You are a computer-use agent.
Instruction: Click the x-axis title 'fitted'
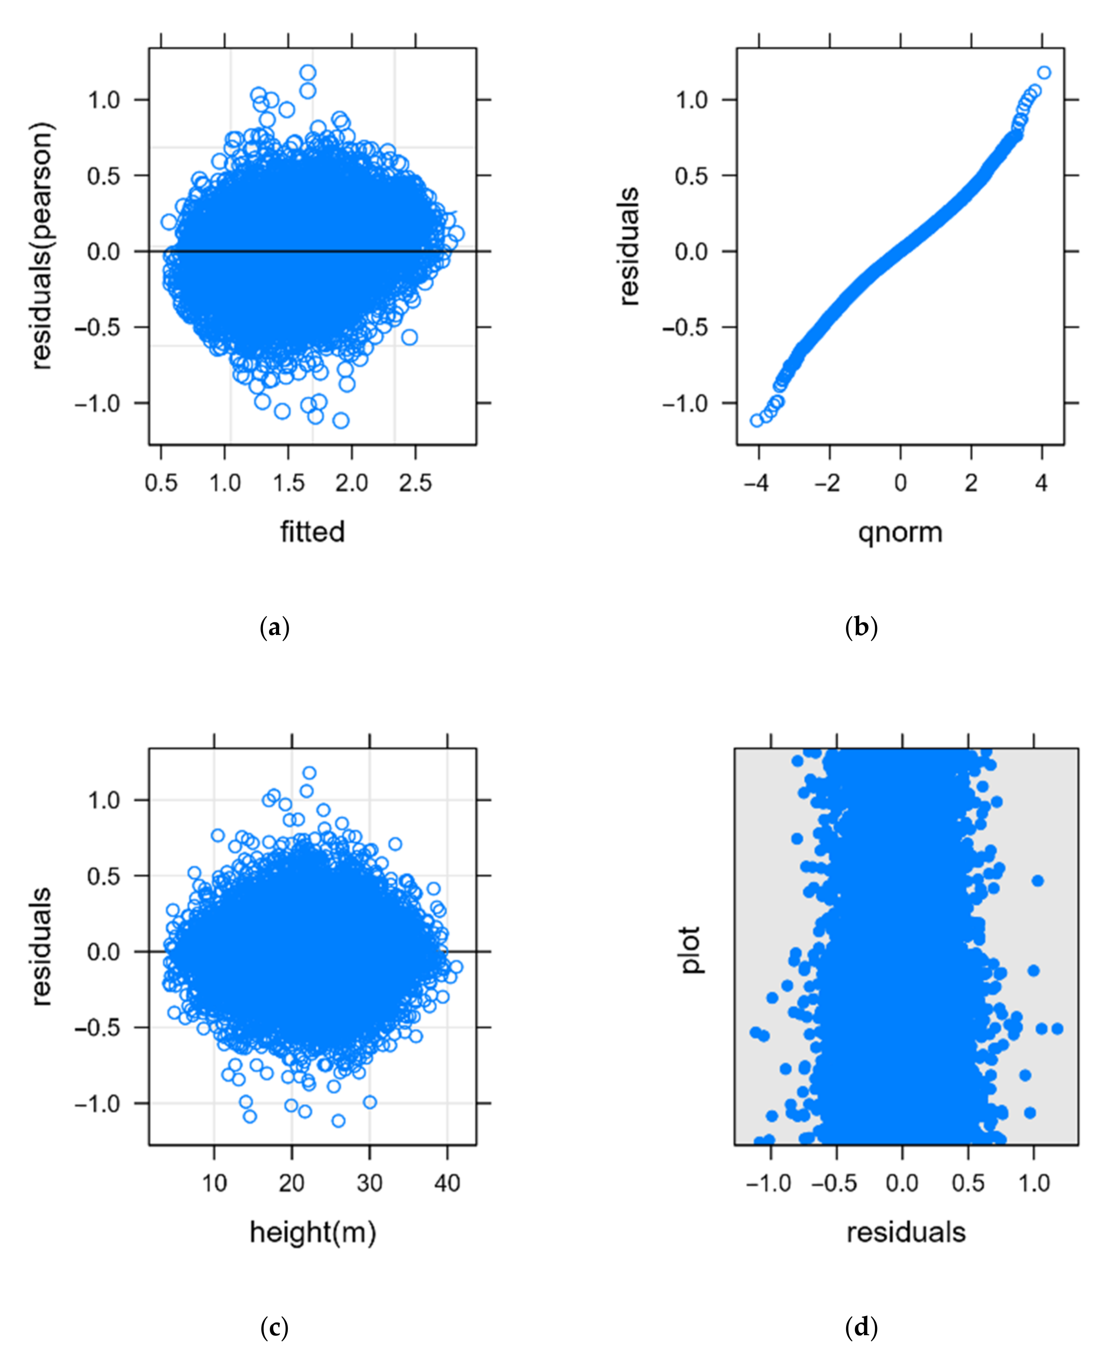(312, 532)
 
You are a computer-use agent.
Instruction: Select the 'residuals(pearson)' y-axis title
(42, 247)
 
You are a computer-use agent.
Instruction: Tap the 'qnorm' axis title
(900, 532)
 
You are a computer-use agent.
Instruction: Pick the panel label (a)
(274, 628)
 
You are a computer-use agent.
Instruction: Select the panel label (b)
(861, 628)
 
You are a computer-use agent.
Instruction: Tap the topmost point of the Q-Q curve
(1044, 73)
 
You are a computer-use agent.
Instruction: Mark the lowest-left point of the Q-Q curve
(756, 420)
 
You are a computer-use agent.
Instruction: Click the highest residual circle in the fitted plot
(308, 73)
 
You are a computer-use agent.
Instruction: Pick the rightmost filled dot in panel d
(1057, 1028)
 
